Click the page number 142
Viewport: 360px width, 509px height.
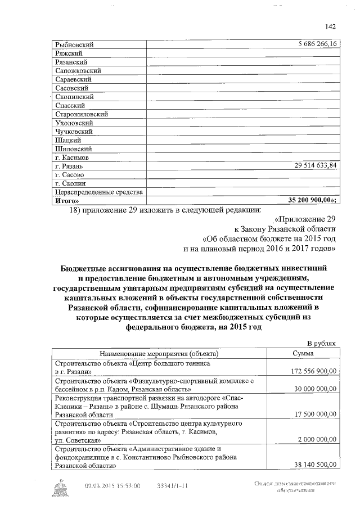[x=330, y=26]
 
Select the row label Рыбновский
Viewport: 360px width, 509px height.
[x=74, y=44]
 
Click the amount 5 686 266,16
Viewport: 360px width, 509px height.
[x=313, y=44]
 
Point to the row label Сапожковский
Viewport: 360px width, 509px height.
[x=78, y=71]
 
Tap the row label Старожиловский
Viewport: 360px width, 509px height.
[x=82, y=114]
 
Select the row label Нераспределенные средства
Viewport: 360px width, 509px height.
[x=98, y=192]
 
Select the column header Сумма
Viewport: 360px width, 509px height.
[x=307, y=353]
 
